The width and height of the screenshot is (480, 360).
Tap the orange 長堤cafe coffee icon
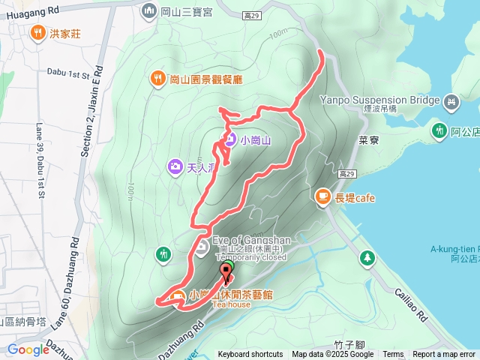pyautogui.click(x=322, y=197)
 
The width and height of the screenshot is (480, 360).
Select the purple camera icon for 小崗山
pyautogui.click(x=229, y=139)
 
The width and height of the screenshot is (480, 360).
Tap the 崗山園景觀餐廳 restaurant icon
pyautogui.click(x=157, y=78)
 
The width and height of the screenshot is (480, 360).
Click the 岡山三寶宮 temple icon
pyautogui.click(x=148, y=11)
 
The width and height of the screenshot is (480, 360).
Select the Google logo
pyautogui.click(x=28, y=349)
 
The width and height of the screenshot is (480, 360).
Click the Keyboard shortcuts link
pyautogui.click(x=250, y=355)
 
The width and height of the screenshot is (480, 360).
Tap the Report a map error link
pyautogui.click(x=445, y=355)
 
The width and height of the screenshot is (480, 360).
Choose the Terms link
pyautogui.click(x=393, y=355)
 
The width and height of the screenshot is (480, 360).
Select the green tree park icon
pyautogui.click(x=367, y=259)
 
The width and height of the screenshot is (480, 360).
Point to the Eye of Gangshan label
pyautogui.click(x=251, y=240)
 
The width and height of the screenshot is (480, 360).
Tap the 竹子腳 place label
pyautogui.click(x=349, y=345)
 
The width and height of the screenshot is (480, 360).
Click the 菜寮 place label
pyautogui.click(x=368, y=140)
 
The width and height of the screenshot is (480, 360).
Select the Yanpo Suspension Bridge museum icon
pyautogui.click(x=451, y=101)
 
